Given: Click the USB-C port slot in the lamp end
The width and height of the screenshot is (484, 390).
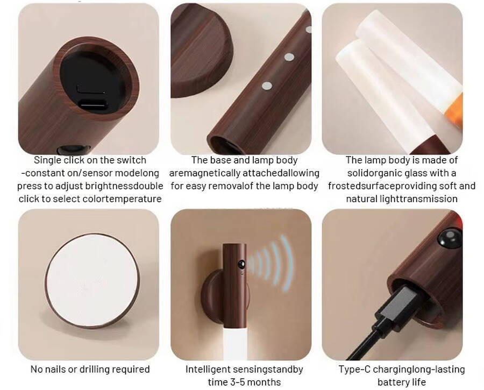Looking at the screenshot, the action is coord(92,104).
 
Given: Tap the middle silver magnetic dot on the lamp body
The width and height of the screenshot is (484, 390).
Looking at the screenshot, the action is coord(289,57).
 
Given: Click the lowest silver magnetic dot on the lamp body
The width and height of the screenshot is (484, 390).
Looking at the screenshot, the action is coord(267,86).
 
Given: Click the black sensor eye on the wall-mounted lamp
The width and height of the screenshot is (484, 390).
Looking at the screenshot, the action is coord(241,264).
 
